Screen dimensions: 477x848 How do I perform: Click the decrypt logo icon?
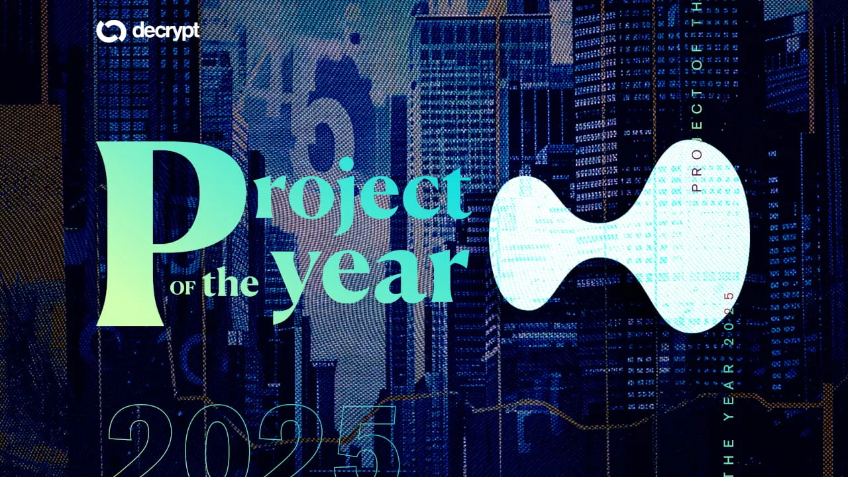coord(110,30)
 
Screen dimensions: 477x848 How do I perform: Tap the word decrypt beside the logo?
coord(166,31)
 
